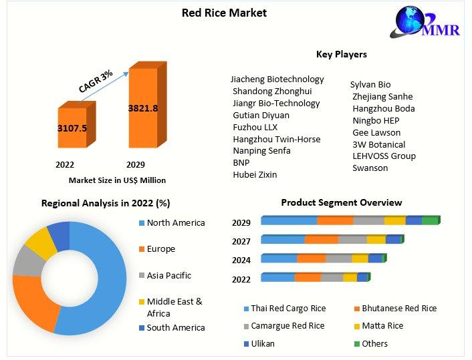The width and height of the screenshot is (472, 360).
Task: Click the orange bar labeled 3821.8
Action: click(x=143, y=107)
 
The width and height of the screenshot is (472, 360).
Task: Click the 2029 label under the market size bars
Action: click(x=136, y=164)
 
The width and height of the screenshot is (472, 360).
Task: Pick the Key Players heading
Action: click(x=341, y=54)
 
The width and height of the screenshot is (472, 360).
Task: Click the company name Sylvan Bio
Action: click(x=370, y=85)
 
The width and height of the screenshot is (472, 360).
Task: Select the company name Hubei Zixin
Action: click(x=255, y=174)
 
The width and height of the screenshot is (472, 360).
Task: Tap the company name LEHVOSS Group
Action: click(x=384, y=156)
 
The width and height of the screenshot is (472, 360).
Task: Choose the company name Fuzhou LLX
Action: click(x=255, y=127)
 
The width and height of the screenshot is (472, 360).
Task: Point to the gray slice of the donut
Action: click(x=26, y=260)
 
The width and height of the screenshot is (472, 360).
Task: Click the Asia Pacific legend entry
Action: click(x=168, y=275)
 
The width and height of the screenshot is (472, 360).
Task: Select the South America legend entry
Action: click(x=175, y=327)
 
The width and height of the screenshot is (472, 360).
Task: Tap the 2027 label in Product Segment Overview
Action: click(x=241, y=241)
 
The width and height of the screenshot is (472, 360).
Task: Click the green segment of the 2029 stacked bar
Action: click(x=430, y=221)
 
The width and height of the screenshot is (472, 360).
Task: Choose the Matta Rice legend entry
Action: click(x=382, y=326)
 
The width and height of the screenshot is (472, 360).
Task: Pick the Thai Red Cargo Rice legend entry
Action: click(x=288, y=309)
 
